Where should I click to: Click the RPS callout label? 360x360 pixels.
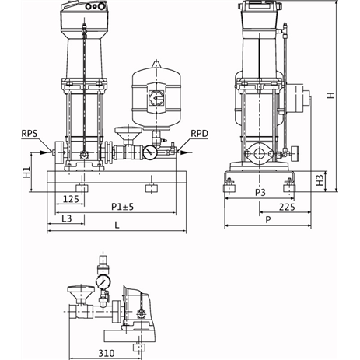pos(30,134)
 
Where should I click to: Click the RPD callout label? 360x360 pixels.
pos(200,134)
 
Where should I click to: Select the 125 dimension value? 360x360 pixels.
pos(71,199)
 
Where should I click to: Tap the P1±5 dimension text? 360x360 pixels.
pos(123,207)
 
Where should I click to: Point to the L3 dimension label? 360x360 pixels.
pos(67,218)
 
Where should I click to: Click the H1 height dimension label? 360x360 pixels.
pos(26,173)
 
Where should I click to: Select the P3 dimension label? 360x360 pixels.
pos(260,193)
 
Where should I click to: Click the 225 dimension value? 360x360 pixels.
pos(287,207)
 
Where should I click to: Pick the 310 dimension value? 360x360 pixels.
pos(107,353)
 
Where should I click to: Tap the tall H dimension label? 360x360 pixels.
pos(330,96)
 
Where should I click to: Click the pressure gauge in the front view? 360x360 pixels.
pos(149,152)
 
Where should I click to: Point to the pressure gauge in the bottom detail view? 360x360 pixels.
pos(103,281)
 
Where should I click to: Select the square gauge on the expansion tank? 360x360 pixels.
pos(156,98)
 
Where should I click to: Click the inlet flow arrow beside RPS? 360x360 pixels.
pos(44,152)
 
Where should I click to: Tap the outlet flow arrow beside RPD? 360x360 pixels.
pos(185,152)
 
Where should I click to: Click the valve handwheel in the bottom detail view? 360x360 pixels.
pos(81,293)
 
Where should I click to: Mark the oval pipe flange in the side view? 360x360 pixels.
pos(258,154)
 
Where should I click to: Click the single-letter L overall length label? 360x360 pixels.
pos(117,225)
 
